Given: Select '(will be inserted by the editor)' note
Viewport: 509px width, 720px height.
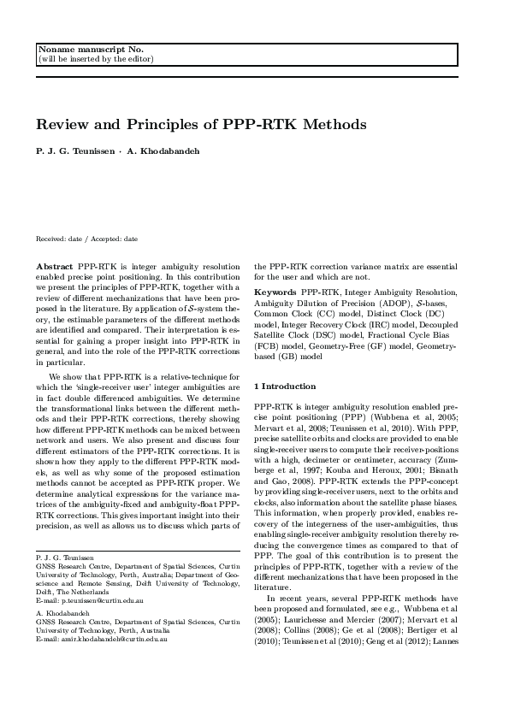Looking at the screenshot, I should pyautogui.click(x=95, y=59).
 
